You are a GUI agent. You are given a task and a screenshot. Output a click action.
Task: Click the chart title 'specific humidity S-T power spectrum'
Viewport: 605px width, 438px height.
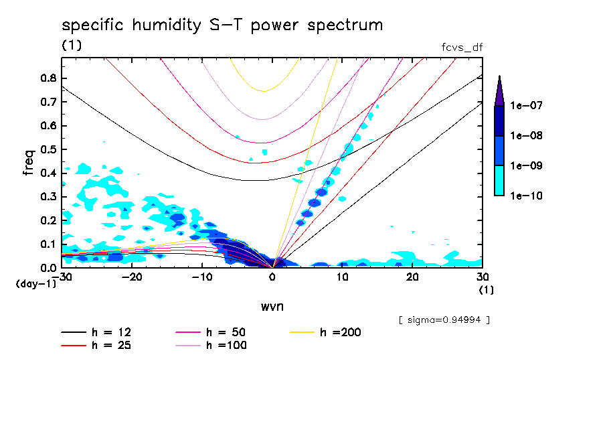[222, 25]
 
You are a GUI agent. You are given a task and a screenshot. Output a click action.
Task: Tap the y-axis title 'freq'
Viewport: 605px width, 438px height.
[29, 163]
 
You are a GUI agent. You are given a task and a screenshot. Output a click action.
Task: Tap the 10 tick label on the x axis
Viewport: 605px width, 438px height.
[342, 277]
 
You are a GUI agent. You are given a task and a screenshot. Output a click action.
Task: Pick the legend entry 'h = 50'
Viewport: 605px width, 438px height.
[226, 332]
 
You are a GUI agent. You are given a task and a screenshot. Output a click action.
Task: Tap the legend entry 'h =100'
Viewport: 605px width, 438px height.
[226, 346]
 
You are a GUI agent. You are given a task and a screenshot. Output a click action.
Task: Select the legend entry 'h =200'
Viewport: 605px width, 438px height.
[340, 332]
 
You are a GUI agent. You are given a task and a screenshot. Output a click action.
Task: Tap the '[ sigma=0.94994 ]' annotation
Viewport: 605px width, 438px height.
[444, 319]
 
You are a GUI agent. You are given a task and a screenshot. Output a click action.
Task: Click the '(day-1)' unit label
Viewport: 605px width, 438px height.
[35, 284]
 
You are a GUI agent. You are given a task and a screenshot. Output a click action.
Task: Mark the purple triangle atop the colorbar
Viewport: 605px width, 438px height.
[499, 91]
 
